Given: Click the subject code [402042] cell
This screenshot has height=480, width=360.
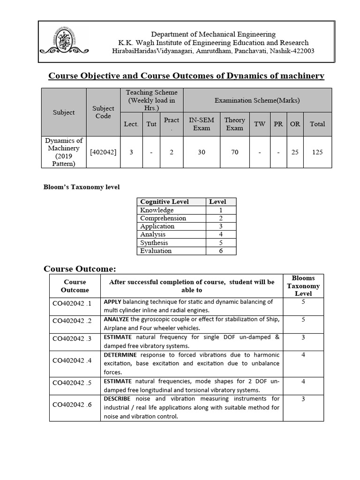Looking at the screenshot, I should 103,152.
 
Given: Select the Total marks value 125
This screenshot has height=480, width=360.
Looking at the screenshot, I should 316,152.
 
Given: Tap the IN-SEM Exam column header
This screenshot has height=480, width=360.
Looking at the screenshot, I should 201,124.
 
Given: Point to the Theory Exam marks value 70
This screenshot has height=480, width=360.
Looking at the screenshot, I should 234,152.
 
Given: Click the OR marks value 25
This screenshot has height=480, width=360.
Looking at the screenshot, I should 294,152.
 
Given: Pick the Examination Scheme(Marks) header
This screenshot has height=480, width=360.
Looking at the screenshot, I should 257,100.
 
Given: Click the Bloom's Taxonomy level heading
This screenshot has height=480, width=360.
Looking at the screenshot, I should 82,187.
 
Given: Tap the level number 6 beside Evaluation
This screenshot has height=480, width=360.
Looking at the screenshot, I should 220,251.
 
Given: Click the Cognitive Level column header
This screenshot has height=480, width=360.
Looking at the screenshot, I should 165,202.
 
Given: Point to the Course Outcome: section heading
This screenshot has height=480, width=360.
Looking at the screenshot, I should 79,269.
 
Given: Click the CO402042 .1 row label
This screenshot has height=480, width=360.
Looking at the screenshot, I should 72,303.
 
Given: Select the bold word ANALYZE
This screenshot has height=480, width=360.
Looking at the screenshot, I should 119,320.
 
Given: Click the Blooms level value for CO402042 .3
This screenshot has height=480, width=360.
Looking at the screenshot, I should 303,337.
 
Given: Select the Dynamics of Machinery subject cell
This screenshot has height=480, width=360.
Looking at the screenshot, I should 64,152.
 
